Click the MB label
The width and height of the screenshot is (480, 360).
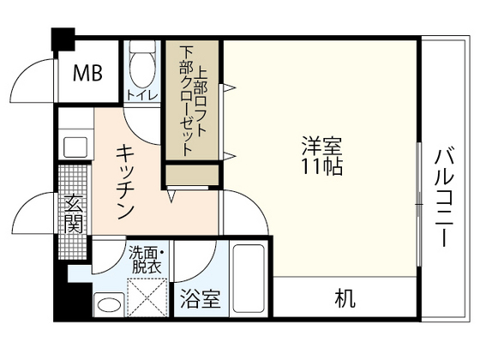[x=87, y=73]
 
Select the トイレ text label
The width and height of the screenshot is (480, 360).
[x=141, y=94]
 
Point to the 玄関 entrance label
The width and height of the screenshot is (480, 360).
[x=73, y=215]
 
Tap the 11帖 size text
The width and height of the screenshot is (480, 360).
[x=321, y=166]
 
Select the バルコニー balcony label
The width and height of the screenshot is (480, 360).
[x=444, y=197]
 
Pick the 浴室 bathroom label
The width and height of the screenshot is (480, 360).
[x=201, y=300]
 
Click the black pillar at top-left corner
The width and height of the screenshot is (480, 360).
[x=62, y=39]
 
